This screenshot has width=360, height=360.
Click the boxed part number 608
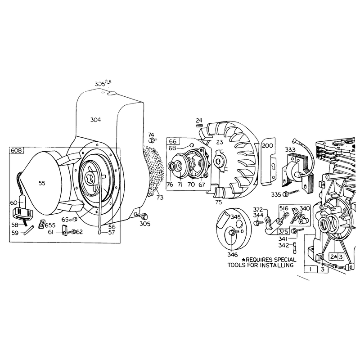pos(17,150)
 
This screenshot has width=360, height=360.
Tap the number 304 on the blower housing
pos(95,120)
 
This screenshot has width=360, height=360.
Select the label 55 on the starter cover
pos(42,183)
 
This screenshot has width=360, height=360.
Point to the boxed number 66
pos(172,141)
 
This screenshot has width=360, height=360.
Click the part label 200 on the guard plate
pos(267,145)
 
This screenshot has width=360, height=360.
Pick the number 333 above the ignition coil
pos(290,150)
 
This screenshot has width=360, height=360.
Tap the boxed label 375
pos(283,231)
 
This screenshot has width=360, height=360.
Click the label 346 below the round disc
pos(232,254)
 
